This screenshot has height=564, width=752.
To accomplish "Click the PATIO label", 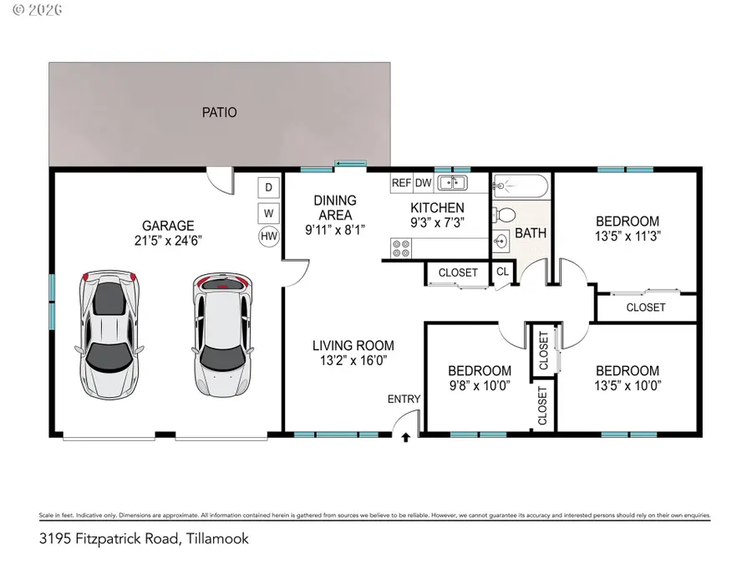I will [219, 112].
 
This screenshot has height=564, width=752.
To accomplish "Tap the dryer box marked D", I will [269, 187].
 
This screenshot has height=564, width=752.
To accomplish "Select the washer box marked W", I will [269, 212].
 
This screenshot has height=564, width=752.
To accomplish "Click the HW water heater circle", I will [269, 236].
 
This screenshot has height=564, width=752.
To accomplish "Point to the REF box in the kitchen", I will [401, 182].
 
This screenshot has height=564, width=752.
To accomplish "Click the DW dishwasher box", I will [424, 182].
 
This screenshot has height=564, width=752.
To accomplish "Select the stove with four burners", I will [401, 248].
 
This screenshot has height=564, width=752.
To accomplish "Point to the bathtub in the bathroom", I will [521, 185].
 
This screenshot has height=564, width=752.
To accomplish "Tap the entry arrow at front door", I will [406, 436].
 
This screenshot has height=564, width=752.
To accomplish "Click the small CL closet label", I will [502, 272].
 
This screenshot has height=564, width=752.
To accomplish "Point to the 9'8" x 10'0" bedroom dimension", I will [480, 385].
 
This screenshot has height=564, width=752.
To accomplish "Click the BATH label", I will [531, 233].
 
